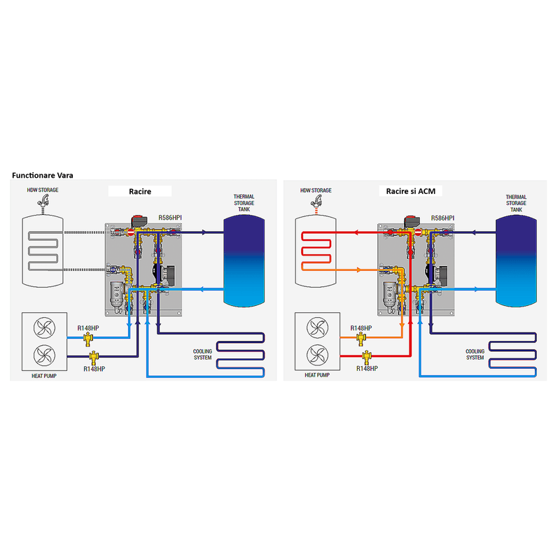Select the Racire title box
(140, 191)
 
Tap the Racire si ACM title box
(411, 191)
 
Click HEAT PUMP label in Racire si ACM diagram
(316, 375)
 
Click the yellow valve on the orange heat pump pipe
(361, 338)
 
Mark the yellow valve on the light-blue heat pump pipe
(88, 338)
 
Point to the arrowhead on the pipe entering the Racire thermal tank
(204, 232)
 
